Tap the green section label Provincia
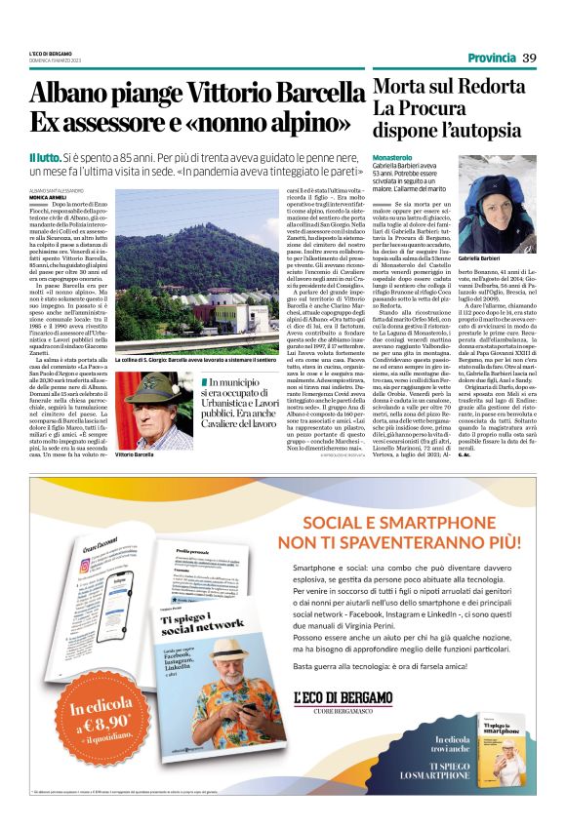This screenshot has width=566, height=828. click(492, 59)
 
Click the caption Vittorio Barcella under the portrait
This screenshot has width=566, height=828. click(136, 454)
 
